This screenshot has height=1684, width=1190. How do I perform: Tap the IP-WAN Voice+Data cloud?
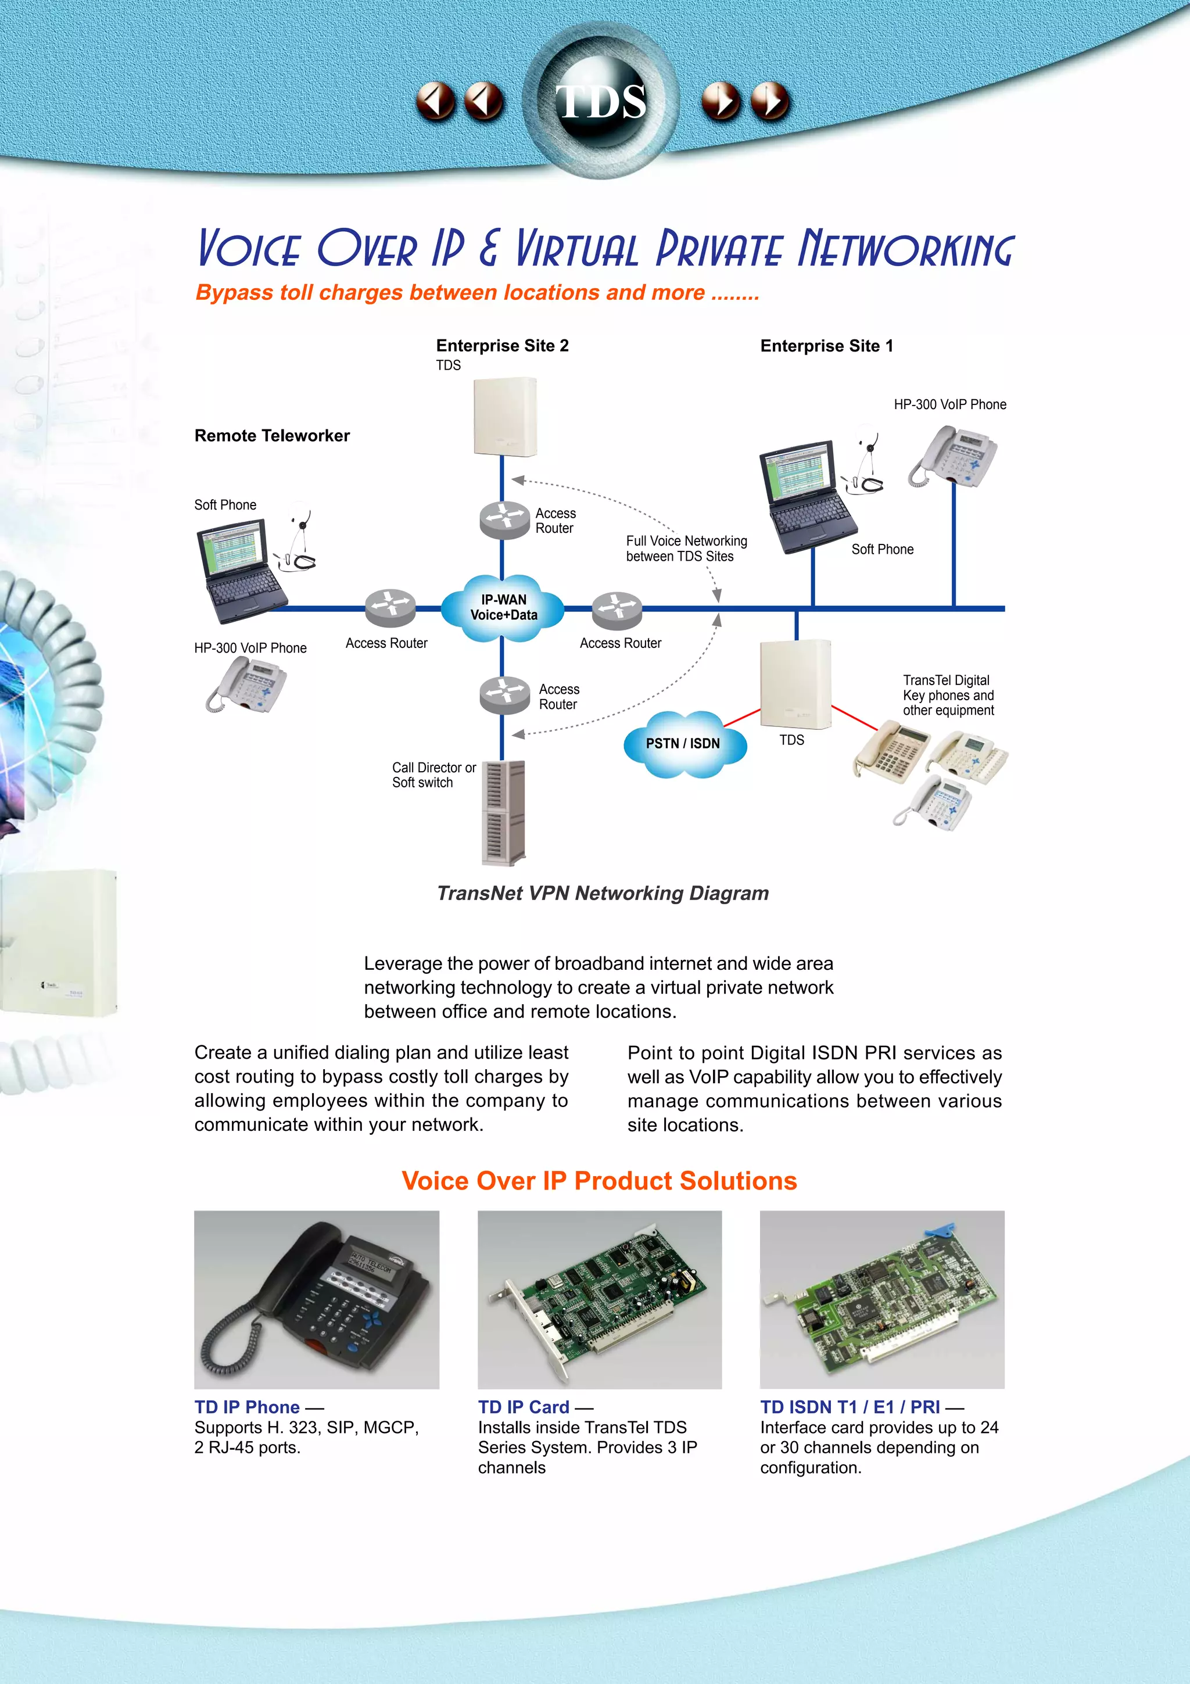click(x=503, y=608)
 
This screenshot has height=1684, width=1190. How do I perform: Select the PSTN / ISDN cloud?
click(x=683, y=743)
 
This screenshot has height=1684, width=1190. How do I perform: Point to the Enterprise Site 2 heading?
click(x=502, y=345)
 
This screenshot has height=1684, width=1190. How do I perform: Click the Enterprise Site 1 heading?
click(x=826, y=345)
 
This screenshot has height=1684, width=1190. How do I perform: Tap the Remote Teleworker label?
click(x=272, y=436)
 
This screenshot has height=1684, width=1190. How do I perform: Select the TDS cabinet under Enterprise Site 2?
click(x=505, y=417)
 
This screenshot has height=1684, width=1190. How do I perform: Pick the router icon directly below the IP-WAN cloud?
click(x=504, y=694)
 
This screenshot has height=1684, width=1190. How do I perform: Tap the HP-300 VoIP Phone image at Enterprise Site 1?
click(x=952, y=456)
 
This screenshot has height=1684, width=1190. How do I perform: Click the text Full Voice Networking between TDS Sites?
click(x=686, y=549)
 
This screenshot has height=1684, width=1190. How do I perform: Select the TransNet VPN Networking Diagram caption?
click(x=603, y=893)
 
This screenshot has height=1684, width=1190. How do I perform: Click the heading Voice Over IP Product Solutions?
click(x=599, y=1180)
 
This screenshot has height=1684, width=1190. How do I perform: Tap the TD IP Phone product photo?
click(x=317, y=1299)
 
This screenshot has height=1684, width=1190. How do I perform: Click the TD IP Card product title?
click(x=524, y=1407)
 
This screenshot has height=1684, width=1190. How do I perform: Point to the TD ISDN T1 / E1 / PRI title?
click(x=850, y=1407)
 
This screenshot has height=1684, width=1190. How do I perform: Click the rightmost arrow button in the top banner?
click(x=770, y=101)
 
